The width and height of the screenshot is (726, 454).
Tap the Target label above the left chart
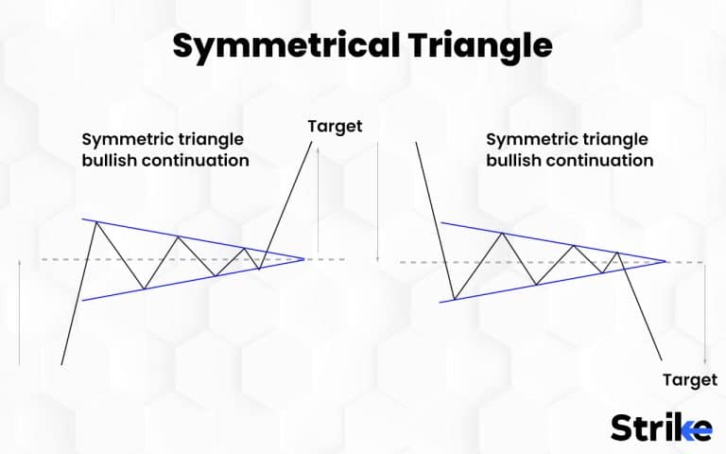click(x=335, y=126)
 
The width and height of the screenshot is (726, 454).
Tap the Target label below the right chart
click(x=687, y=379)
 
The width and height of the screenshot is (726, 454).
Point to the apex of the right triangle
click(x=667, y=262)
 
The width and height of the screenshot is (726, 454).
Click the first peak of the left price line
click(x=93, y=220)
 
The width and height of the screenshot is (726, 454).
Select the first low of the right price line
click(x=455, y=300)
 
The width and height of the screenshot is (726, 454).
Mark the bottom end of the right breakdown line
click(x=661, y=358)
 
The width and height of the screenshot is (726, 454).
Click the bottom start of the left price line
click(x=61, y=364)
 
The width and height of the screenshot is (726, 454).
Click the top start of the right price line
click(x=415, y=144)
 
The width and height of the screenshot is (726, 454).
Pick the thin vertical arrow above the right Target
click(x=704, y=313)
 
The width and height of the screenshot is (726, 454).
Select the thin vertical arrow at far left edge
click(x=20, y=311)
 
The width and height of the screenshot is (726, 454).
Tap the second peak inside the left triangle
click(x=177, y=236)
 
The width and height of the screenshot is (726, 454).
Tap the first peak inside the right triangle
click(x=503, y=234)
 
